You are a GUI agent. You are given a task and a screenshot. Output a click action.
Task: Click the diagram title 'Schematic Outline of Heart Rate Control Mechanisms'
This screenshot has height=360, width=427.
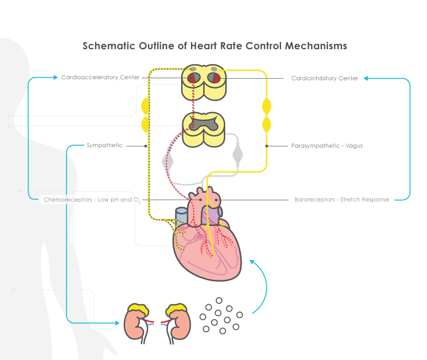click(x=214, y=46)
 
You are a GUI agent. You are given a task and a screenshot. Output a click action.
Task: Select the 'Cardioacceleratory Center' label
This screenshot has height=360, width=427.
click(x=100, y=77)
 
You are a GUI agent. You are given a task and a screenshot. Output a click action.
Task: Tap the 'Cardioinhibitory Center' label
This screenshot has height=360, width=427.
click(x=325, y=78)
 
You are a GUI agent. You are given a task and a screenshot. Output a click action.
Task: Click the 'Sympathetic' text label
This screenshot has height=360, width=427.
click(x=105, y=145)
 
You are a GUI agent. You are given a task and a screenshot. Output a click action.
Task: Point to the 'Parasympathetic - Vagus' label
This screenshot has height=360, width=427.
click(x=327, y=146)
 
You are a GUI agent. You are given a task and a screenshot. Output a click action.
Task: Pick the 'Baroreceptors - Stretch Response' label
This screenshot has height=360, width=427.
click(x=342, y=200)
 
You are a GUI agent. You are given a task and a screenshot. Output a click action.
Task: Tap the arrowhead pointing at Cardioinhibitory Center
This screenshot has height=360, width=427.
click(x=366, y=78)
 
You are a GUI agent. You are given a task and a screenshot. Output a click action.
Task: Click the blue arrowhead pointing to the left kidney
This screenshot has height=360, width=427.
click(x=117, y=322)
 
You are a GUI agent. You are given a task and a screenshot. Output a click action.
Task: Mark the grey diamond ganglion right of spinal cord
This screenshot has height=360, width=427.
click(x=238, y=154)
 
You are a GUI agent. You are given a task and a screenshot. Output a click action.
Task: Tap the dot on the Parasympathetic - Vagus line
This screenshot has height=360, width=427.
click(x=267, y=146)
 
